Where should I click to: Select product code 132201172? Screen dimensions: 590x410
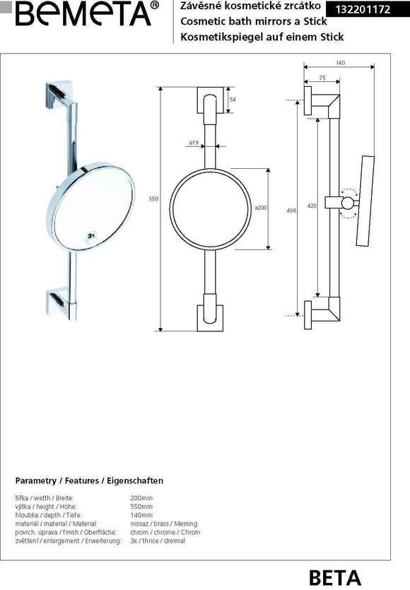(365, 9)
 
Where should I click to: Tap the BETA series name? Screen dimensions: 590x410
(334, 577)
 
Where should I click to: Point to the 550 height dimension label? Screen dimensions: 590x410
(153, 200)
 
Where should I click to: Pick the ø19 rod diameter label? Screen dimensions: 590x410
(193, 143)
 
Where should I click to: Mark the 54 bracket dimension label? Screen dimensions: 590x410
(233, 100)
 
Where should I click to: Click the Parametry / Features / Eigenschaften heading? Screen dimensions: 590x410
(89, 480)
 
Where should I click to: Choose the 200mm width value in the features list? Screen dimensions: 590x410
(131, 498)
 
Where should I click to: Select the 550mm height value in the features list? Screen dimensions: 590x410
(132, 507)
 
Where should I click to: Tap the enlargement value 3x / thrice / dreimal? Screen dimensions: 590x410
(153, 541)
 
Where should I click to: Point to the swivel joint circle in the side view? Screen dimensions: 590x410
(348, 204)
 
